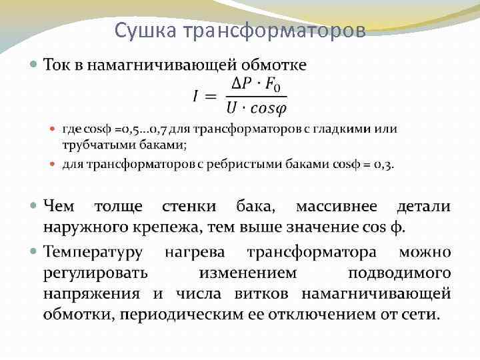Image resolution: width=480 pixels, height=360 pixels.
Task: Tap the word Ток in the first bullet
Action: [58, 65]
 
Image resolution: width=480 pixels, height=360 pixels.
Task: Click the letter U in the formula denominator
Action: [232, 108]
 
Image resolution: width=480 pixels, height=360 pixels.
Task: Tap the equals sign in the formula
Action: [211, 97]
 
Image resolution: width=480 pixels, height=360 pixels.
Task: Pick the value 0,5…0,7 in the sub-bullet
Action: [134, 129]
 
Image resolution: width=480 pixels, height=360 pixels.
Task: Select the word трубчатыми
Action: [92, 145]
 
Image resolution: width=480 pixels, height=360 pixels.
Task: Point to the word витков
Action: [267, 293]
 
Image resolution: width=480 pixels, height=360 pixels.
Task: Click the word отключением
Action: [299, 314]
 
